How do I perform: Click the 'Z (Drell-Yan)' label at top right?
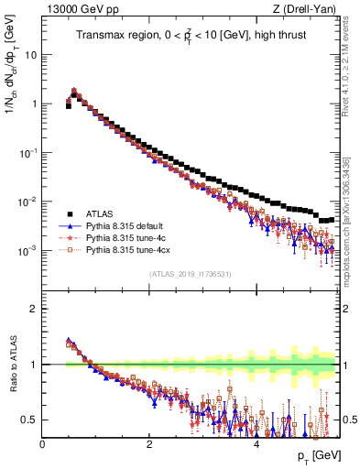(309, 9)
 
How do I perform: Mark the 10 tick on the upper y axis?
(30, 54)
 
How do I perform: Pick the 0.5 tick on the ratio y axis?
(29, 420)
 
